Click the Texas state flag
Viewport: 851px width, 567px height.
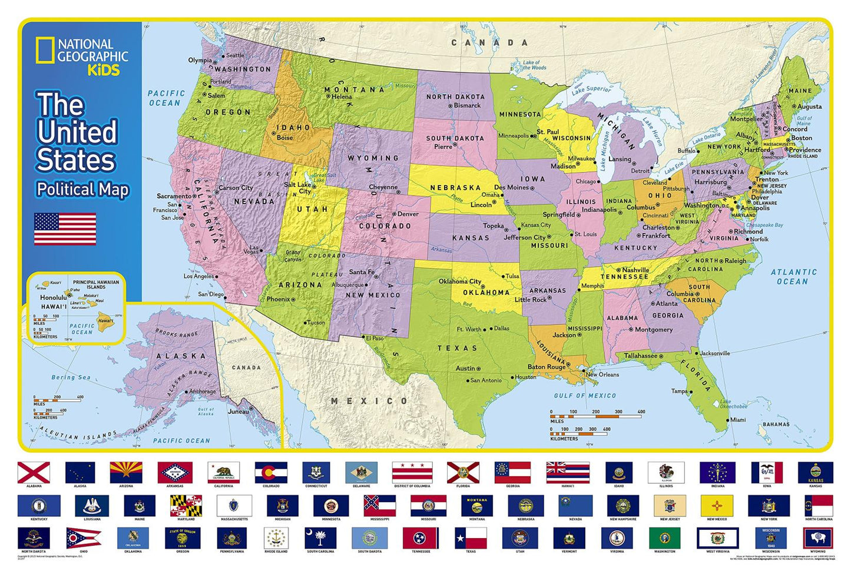(x=471, y=538)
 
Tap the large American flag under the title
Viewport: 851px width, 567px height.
(x=65, y=228)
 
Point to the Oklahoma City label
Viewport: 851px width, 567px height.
(x=459, y=281)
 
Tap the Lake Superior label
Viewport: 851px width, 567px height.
(x=591, y=89)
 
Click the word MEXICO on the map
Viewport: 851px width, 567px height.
(x=369, y=401)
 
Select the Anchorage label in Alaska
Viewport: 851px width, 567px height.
(x=202, y=391)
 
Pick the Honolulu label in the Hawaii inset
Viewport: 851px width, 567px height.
(x=53, y=297)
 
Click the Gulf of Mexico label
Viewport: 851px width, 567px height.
(x=585, y=396)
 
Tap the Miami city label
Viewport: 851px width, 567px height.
(x=737, y=420)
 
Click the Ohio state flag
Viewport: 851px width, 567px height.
(x=82, y=538)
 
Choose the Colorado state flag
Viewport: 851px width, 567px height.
(x=271, y=472)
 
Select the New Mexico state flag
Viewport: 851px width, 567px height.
(x=717, y=505)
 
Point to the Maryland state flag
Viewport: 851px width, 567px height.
(x=186, y=505)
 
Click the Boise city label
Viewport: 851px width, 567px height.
(x=284, y=137)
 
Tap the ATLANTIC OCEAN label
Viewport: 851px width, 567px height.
(x=793, y=277)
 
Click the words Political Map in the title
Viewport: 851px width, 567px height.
(x=82, y=189)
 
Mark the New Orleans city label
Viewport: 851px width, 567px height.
(x=602, y=374)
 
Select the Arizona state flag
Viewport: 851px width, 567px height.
(x=126, y=472)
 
